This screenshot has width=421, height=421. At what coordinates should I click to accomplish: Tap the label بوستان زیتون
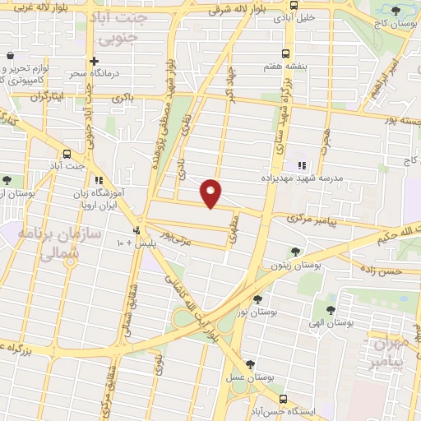tap(298, 266)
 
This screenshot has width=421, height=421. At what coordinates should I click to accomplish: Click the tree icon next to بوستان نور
tap(258, 300)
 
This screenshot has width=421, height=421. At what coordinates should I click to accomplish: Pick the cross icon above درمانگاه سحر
tap(95, 61)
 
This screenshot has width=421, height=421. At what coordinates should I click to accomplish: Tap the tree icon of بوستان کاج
tap(396, 11)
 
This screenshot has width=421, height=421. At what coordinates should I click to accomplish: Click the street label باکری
tap(123, 98)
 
